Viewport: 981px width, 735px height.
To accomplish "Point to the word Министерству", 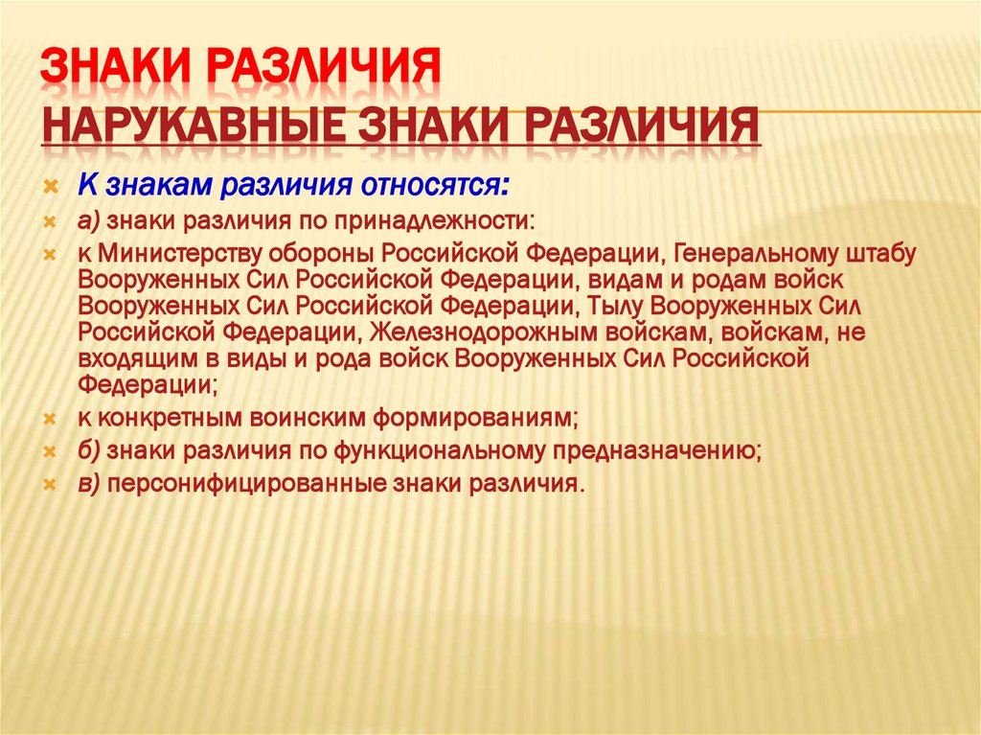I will (188, 254).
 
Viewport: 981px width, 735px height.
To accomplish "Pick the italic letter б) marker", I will (90, 449).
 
